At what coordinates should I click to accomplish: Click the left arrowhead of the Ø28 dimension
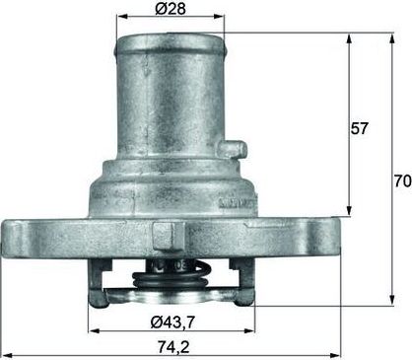point(119,18)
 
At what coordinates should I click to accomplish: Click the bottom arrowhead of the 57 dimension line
point(350,211)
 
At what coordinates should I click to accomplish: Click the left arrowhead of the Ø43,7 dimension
point(91,331)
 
